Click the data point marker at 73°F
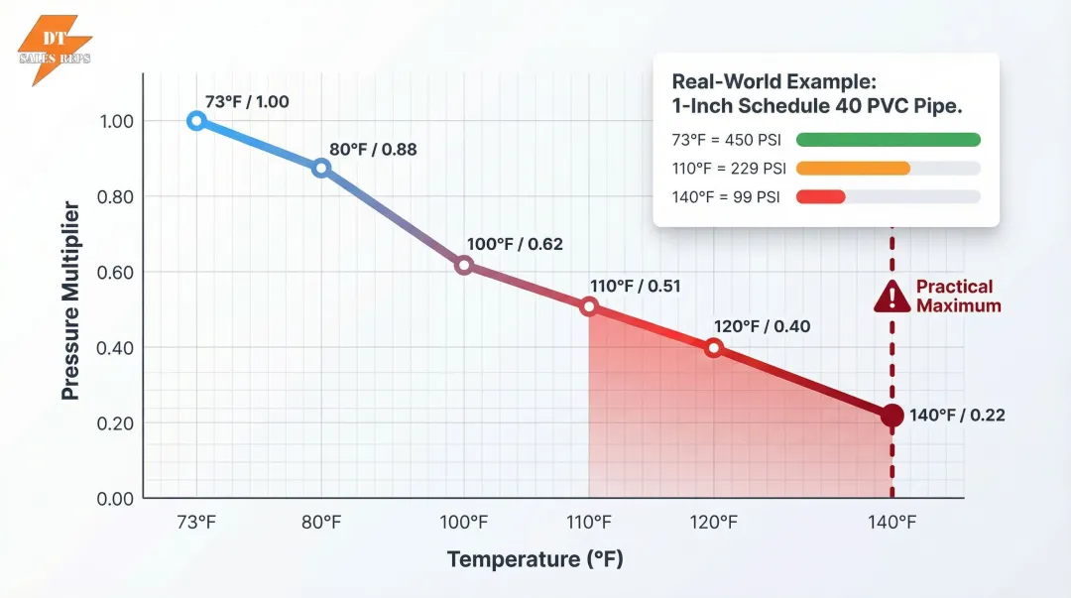pyautogui.click(x=196, y=121)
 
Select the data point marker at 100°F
pyautogui.click(x=463, y=265)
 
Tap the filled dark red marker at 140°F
pyautogui.click(x=892, y=416)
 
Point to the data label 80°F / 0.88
pyautogui.click(x=372, y=150)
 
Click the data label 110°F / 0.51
pyautogui.click(x=637, y=286)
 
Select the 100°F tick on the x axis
pyautogui.click(x=463, y=522)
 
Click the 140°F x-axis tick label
pyautogui.click(x=892, y=522)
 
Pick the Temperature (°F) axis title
pyautogui.click(x=535, y=559)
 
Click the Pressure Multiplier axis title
pyautogui.click(x=70, y=300)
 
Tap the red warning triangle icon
pyautogui.click(x=892, y=296)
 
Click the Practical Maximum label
pyautogui.click(x=958, y=296)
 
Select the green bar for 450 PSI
pyautogui.click(x=888, y=140)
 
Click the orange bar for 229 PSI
pyautogui.click(x=853, y=169)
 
